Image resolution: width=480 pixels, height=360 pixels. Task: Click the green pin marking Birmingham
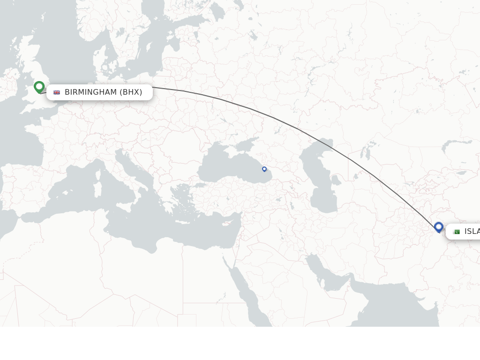(x=39, y=87)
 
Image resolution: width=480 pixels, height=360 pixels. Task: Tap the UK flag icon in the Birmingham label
(x=57, y=92)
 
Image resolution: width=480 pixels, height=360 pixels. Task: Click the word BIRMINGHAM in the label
(x=90, y=92)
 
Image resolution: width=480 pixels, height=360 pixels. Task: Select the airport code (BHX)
(x=131, y=92)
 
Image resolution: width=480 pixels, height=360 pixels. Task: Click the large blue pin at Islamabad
(x=439, y=227)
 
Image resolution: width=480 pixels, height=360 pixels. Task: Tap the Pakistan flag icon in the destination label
(x=456, y=232)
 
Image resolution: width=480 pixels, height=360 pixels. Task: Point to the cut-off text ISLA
(x=472, y=232)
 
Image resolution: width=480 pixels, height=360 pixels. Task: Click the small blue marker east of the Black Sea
(x=264, y=169)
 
